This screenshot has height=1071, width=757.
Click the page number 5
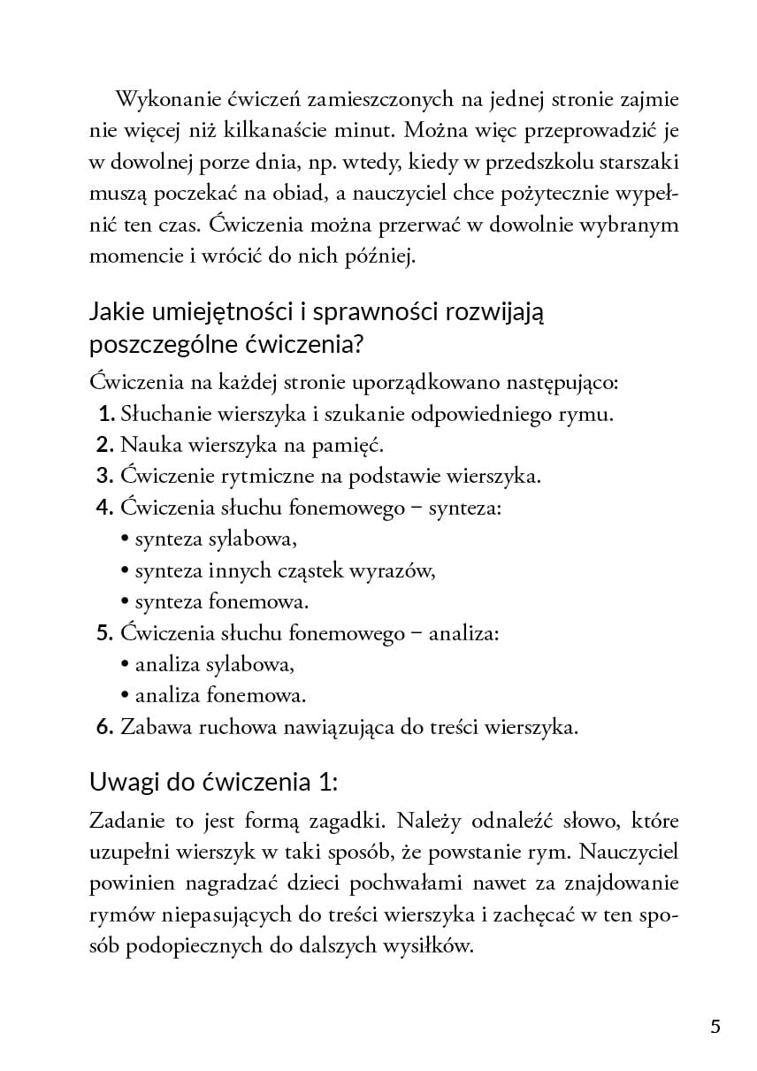(x=715, y=1026)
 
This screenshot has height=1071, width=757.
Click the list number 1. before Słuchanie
(x=105, y=413)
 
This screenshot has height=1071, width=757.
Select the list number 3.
(x=105, y=476)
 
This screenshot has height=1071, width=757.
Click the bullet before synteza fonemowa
(x=125, y=602)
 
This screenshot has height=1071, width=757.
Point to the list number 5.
(x=105, y=633)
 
